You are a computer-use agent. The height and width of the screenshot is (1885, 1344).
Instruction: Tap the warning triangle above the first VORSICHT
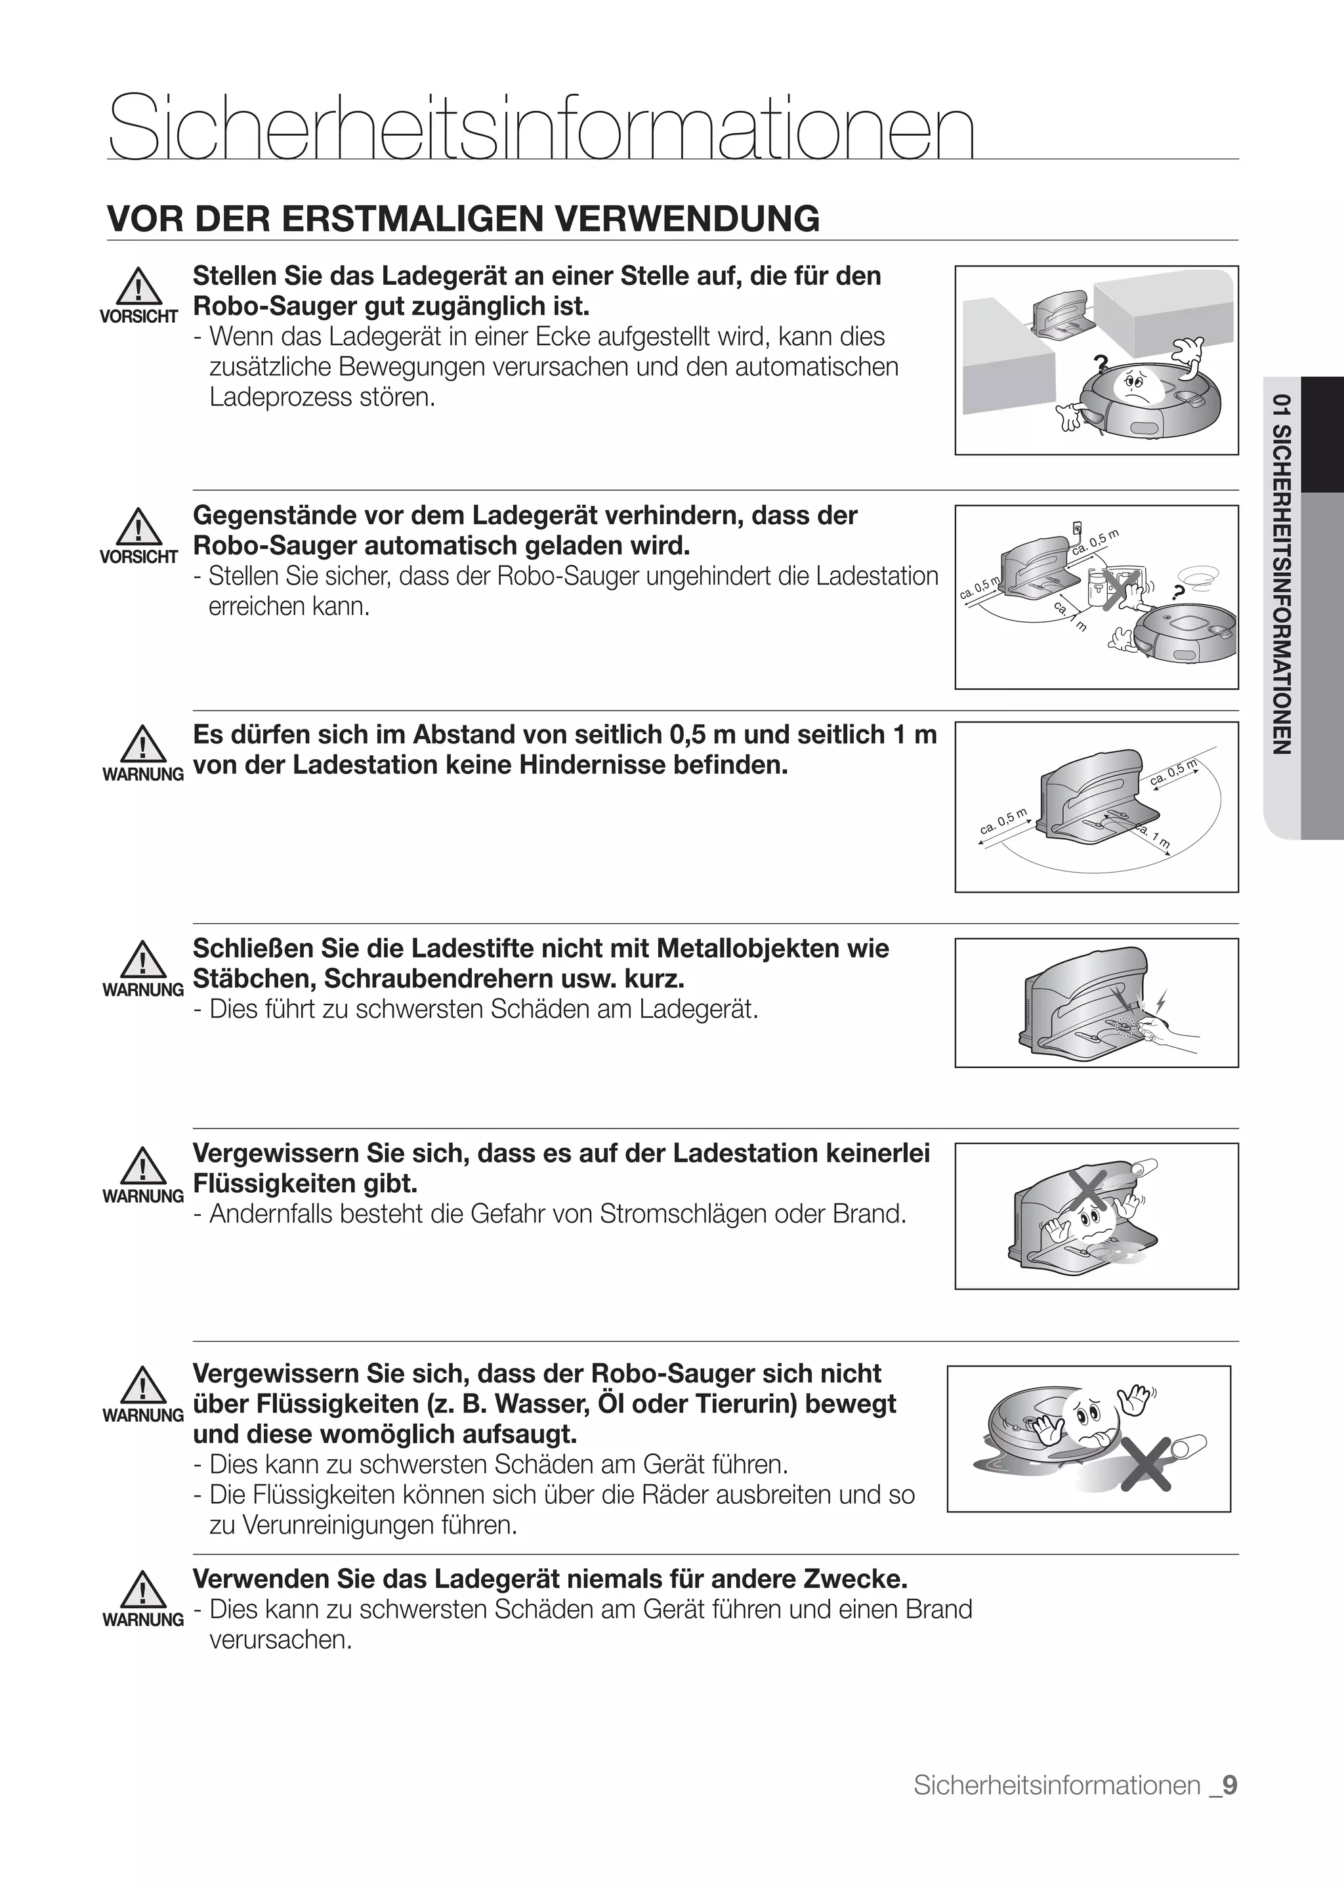(x=139, y=288)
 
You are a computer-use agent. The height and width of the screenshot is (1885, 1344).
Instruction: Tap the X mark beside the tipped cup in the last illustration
(x=1147, y=1464)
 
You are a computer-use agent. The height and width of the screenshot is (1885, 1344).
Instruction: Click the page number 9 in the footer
(x=1230, y=1785)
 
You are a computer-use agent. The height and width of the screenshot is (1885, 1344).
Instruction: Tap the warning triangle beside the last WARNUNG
(x=142, y=1590)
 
